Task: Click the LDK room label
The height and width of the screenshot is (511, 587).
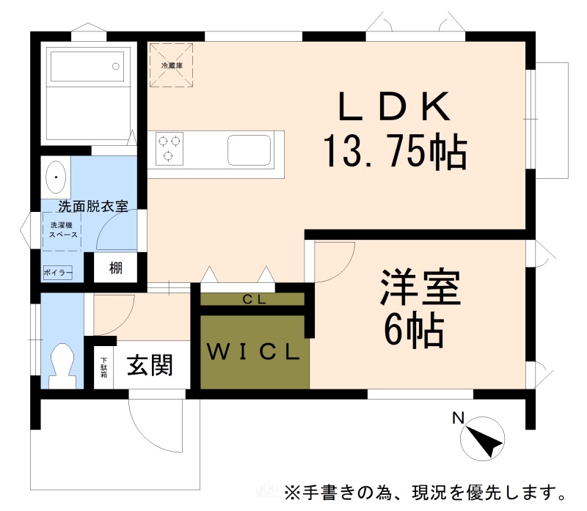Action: click(394, 106)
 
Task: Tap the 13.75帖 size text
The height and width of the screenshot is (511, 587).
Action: click(395, 152)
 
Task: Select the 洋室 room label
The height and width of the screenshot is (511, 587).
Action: click(420, 287)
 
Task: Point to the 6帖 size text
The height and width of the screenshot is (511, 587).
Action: click(414, 330)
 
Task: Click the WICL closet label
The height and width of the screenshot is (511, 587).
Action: click(253, 352)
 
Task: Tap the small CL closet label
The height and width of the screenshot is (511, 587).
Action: click(254, 299)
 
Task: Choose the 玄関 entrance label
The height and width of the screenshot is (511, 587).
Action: click(150, 365)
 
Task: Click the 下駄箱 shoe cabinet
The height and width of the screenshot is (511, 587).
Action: click(103, 367)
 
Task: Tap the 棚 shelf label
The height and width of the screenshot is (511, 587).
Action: click(116, 268)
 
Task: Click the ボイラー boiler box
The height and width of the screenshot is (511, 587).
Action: click(58, 272)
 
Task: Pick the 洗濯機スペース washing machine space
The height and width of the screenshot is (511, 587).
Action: click(62, 231)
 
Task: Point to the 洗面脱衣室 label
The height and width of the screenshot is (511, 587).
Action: click(93, 206)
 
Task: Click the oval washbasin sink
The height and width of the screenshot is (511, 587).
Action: click(56, 177)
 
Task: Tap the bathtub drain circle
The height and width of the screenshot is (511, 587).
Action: click(116, 67)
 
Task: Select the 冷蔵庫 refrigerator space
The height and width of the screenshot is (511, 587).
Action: click(172, 65)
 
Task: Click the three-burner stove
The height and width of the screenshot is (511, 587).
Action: click(169, 149)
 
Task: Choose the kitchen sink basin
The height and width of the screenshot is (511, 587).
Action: click(249, 150)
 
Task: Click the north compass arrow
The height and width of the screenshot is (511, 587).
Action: click(486, 442)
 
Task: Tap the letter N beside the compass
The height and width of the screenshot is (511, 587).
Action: click(458, 418)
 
